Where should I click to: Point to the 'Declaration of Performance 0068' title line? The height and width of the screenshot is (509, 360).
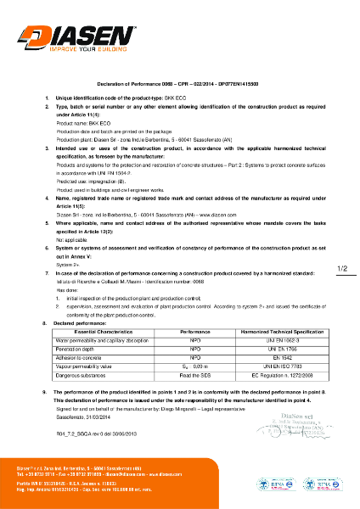click(178, 87)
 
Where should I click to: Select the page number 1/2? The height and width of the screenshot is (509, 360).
click(343, 245)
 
